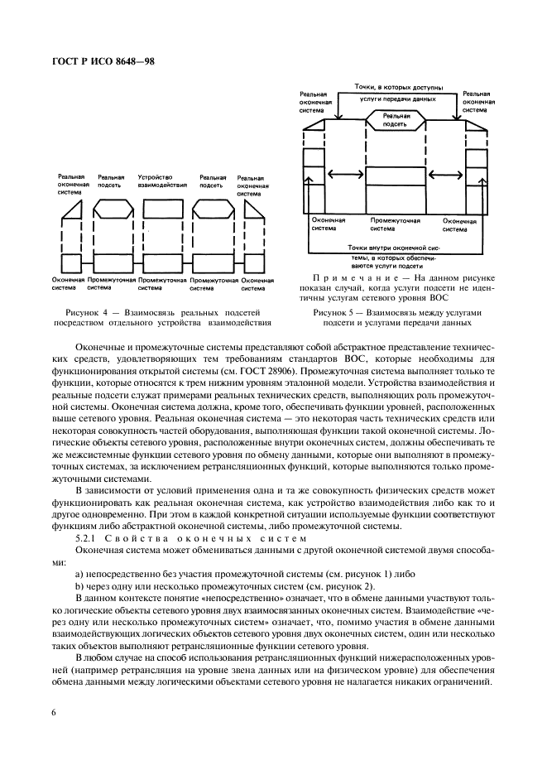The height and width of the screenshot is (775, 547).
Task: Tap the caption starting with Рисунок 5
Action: [x=397, y=317]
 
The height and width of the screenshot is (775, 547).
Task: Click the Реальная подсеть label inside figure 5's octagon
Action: [x=395, y=122]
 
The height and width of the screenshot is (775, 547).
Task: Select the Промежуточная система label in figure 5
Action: [x=395, y=224]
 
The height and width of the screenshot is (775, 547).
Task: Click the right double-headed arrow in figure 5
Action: [x=445, y=174]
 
